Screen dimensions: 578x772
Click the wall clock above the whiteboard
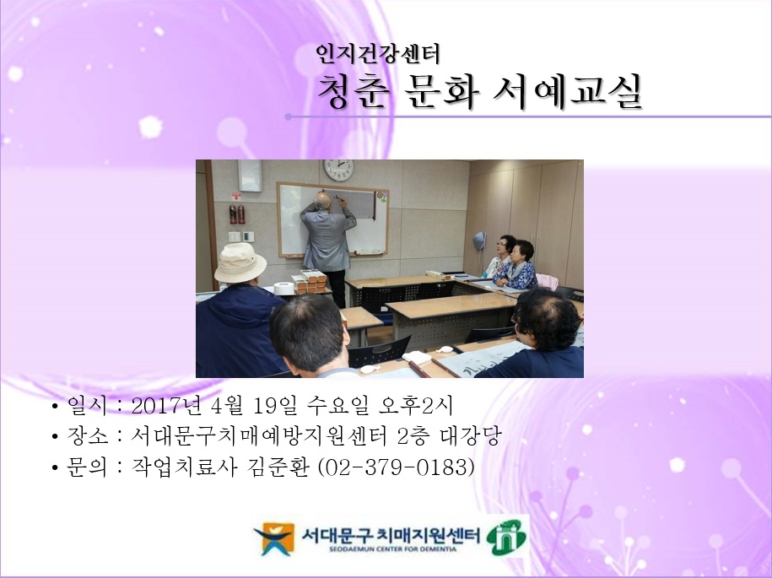[x=338, y=170]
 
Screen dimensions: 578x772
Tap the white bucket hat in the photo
[x=240, y=262]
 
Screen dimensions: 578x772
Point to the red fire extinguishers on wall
[x=237, y=213]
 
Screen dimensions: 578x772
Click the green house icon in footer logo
[x=505, y=537]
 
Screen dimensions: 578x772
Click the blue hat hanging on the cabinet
[x=479, y=240]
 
